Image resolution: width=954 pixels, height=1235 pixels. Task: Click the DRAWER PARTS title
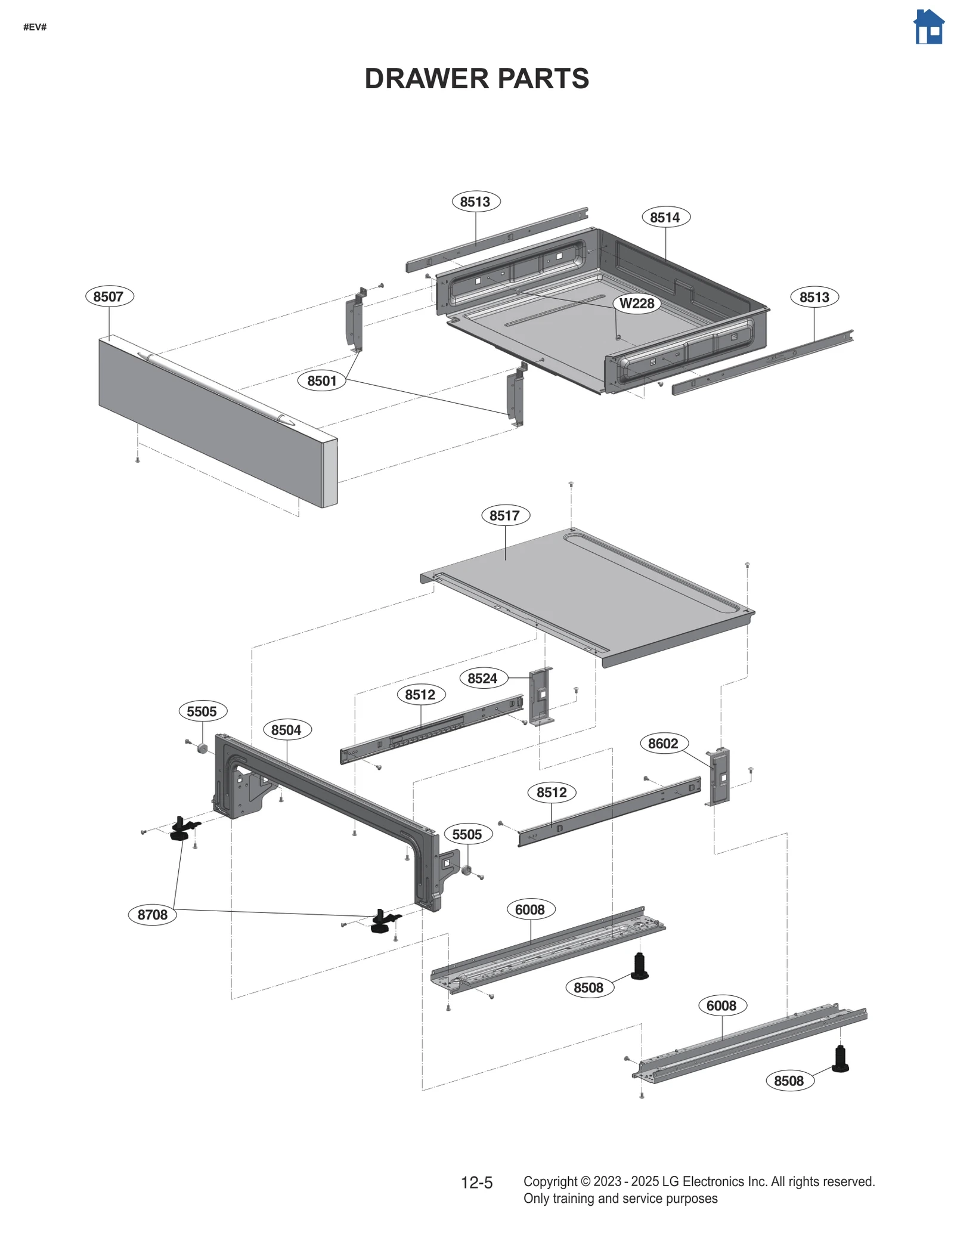476,79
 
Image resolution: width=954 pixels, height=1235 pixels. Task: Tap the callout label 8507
109,296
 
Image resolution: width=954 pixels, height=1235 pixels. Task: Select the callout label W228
637,304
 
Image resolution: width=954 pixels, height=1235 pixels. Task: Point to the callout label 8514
665,217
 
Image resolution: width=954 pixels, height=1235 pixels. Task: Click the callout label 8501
322,380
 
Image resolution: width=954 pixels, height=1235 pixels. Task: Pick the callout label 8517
505,515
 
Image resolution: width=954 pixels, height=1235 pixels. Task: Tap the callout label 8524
482,678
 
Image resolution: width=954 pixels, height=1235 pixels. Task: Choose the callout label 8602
663,744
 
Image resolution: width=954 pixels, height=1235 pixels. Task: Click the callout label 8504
286,730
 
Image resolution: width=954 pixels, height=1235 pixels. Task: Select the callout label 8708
153,915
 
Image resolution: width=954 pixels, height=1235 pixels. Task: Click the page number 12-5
476,1183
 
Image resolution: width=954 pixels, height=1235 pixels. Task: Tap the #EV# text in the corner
35,27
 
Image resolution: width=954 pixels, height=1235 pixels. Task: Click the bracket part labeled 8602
720,776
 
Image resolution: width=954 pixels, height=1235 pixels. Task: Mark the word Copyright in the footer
550,1181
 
